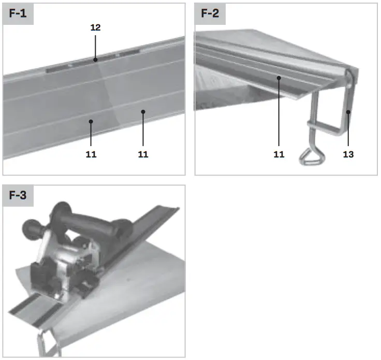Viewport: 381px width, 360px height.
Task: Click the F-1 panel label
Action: click(x=18, y=13)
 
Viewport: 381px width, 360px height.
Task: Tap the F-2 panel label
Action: click(x=210, y=13)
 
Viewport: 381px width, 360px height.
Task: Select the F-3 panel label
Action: click(x=18, y=196)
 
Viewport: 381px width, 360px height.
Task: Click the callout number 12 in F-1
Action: click(x=95, y=27)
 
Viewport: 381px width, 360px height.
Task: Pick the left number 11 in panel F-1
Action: click(x=91, y=154)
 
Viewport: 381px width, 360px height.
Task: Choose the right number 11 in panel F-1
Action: click(x=143, y=154)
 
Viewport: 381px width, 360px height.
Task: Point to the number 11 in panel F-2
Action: click(x=279, y=154)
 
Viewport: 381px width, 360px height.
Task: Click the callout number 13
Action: click(x=348, y=154)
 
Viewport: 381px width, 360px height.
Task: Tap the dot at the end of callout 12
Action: click(x=95, y=60)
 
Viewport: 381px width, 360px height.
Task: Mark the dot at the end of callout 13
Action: click(x=348, y=111)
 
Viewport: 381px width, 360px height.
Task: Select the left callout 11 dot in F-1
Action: click(x=91, y=122)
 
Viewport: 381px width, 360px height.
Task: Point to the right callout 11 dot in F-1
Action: click(x=143, y=111)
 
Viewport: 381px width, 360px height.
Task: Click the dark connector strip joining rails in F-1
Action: click(x=93, y=61)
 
